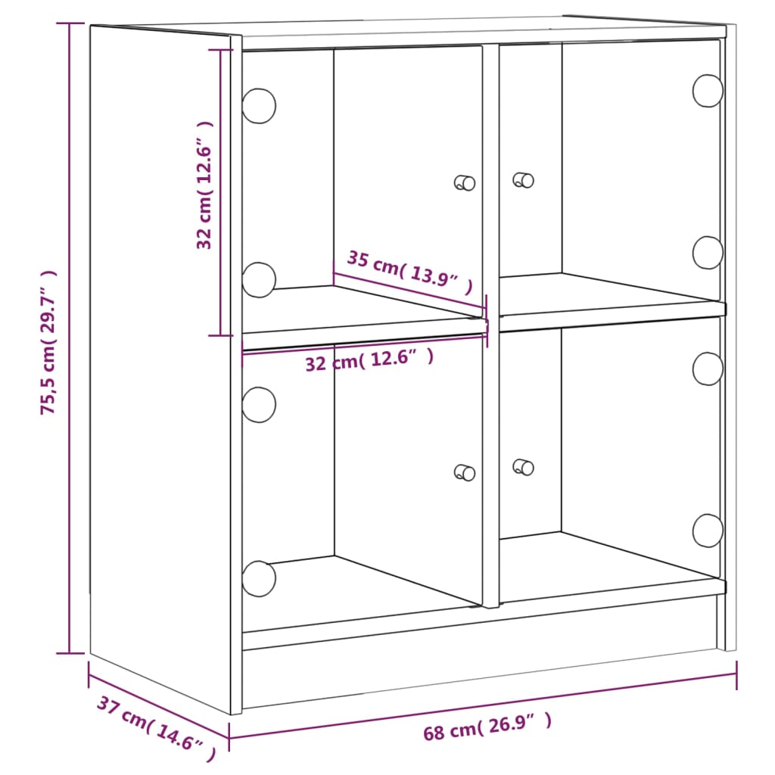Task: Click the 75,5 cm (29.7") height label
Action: pyautogui.click(x=49, y=342)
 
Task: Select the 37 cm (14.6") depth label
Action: pyautogui.click(x=156, y=728)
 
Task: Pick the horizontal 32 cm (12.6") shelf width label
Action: pyautogui.click(x=369, y=360)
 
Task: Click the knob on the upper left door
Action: pyautogui.click(x=465, y=182)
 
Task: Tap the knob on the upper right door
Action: pyautogui.click(x=523, y=180)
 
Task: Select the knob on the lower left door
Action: pyautogui.click(x=465, y=472)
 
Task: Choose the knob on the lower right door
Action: pyautogui.click(x=523, y=467)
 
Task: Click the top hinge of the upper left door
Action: pyautogui.click(x=259, y=106)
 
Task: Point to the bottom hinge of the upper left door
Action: pyautogui.click(x=259, y=279)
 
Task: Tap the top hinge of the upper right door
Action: pyautogui.click(x=708, y=91)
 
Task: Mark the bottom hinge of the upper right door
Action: pyautogui.click(x=708, y=253)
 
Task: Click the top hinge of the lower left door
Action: pyautogui.click(x=259, y=404)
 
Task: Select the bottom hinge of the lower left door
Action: pyautogui.click(x=259, y=578)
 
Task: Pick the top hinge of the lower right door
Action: pyautogui.click(x=708, y=368)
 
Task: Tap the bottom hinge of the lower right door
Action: pyautogui.click(x=708, y=531)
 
